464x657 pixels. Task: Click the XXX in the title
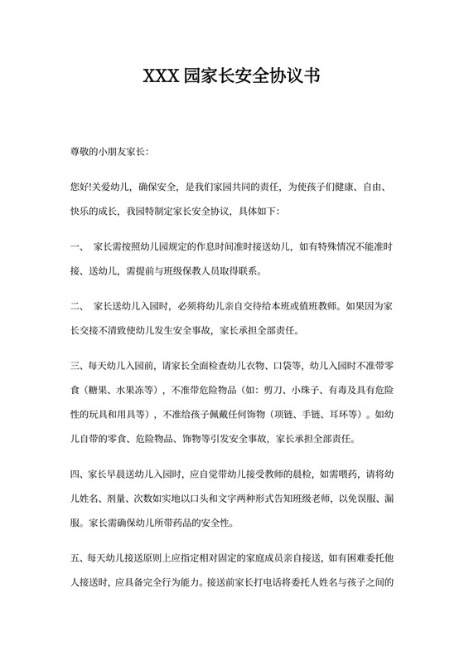[x=164, y=77]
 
